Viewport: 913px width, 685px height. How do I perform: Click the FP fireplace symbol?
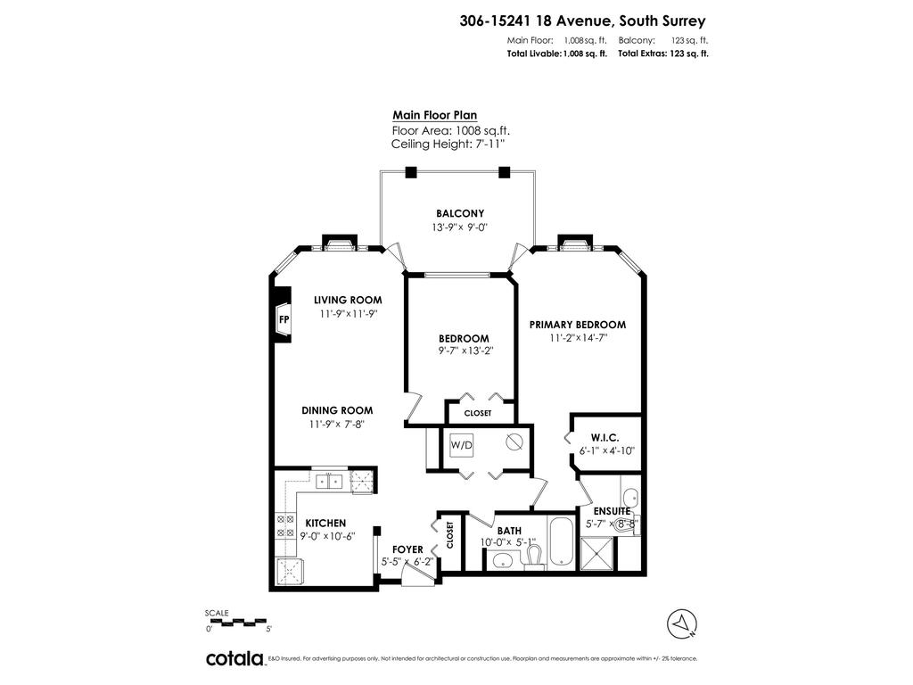pyautogui.click(x=284, y=318)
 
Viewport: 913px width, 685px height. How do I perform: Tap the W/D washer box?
pyautogui.click(x=461, y=444)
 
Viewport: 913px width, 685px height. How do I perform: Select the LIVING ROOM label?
pyautogui.click(x=347, y=300)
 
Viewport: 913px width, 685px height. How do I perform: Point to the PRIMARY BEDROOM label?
pyautogui.click(x=577, y=325)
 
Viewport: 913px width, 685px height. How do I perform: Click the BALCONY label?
pyautogui.click(x=459, y=213)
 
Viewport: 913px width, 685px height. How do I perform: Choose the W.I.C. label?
pyautogui.click(x=604, y=437)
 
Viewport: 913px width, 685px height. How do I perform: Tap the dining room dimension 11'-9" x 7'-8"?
pyautogui.click(x=336, y=424)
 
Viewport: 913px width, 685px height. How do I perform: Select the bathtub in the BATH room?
pyautogui.click(x=563, y=541)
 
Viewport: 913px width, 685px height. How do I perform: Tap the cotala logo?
pyautogui.click(x=234, y=658)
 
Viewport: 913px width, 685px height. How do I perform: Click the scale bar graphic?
pyautogui.click(x=235, y=621)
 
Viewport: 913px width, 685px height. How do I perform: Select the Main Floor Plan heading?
pyautogui.click(x=434, y=115)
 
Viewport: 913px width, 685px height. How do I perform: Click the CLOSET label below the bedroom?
pyautogui.click(x=478, y=413)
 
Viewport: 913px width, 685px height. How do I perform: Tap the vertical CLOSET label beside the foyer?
pyautogui.click(x=449, y=535)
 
